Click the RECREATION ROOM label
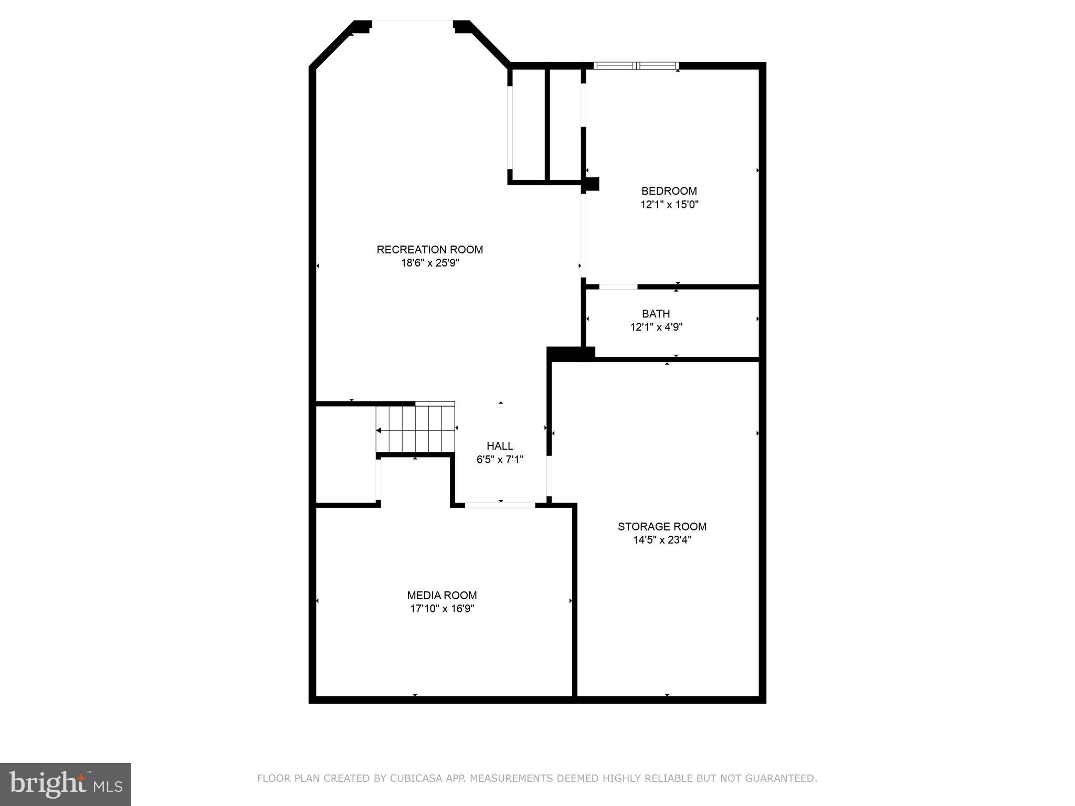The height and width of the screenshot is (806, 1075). tap(429, 250)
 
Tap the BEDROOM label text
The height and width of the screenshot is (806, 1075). tap(669, 191)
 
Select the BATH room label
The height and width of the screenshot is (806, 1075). tap(656, 314)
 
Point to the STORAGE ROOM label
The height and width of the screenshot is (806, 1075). tap(662, 526)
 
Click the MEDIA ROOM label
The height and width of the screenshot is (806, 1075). tap(441, 596)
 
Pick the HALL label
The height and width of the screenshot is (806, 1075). tap(500, 446)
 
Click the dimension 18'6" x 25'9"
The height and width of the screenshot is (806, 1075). tap(430, 263)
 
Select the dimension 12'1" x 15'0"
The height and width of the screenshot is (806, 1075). tap(669, 205)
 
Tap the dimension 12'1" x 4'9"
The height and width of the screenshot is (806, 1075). tap(656, 327)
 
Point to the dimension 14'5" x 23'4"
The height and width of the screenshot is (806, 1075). tap(662, 540)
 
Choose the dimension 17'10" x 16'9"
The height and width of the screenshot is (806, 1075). tap(442, 609)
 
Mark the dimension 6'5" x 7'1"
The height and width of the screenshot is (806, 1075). tap(500, 460)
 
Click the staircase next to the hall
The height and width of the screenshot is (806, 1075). tap(415, 429)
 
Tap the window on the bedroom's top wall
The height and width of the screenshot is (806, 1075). tap(636, 66)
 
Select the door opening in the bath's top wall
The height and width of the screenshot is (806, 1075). tap(618, 287)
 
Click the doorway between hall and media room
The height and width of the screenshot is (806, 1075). tap(500, 505)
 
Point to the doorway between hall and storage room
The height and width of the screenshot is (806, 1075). tap(549, 475)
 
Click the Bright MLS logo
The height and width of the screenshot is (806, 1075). tap(66, 784)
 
